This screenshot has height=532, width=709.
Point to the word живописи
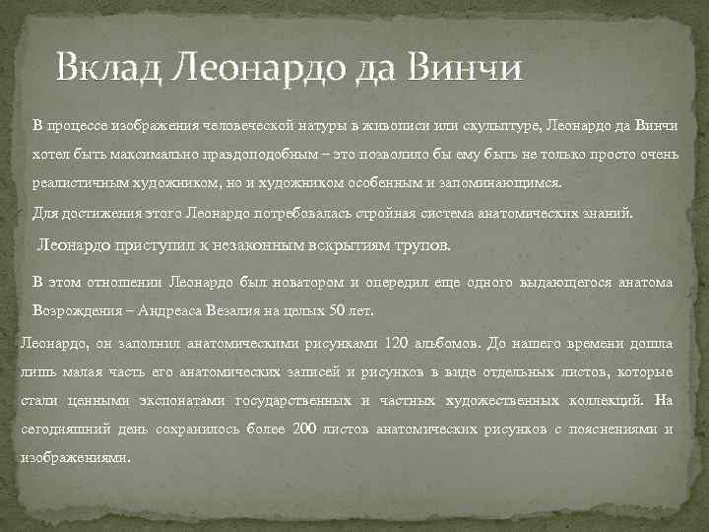click(391, 125)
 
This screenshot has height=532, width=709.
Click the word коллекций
click(609, 401)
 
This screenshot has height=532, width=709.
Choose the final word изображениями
click(74, 458)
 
